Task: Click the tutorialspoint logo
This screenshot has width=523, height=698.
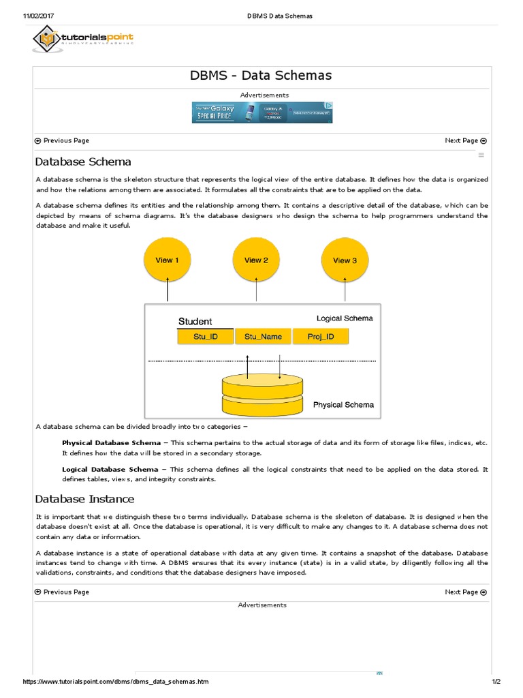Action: [x=82, y=40]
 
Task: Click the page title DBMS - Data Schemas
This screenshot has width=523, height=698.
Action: [x=261, y=76]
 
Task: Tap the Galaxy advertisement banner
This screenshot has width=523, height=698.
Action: [x=262, y=112]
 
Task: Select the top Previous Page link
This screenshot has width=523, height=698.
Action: [x=62, y=140]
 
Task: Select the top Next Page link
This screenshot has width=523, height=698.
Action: [x=465, y=140]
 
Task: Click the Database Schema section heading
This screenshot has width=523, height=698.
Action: [x=83, y=162]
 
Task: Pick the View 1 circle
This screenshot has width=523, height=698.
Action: [x=168, y=260]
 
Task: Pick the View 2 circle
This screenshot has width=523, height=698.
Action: [x=256, y=260]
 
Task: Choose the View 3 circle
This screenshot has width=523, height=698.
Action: [x=345, y=260]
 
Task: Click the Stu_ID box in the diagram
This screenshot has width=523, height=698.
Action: [x=205, y=337]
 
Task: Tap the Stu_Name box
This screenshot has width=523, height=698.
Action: [x=263, y=337]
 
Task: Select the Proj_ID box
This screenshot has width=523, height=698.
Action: [x=320, y=337]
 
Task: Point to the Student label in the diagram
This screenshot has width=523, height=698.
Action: [x=195, y=321]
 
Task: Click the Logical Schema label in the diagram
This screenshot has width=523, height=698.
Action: [x=345, y=318]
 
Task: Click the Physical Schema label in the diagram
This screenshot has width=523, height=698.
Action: [x=343, y=405]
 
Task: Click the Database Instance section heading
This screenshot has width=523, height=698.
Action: [x=85, y=499]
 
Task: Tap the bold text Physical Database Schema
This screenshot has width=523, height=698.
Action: [x=111, y=443]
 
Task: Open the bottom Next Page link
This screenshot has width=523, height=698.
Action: [x=465, y=592]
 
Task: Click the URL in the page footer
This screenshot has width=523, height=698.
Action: [x=116, y=682]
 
